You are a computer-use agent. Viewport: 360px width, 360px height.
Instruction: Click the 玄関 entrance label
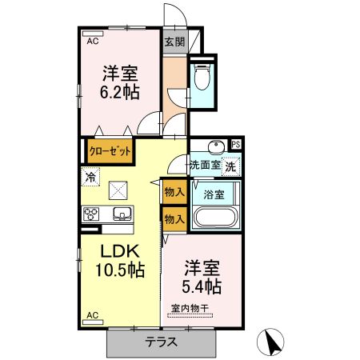tap(174, 43)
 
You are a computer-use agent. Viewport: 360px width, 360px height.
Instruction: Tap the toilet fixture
tap(203, 77)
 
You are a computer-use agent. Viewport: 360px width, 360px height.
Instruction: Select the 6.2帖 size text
tap(120, 91)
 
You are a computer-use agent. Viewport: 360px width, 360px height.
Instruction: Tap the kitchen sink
tap(122, 214)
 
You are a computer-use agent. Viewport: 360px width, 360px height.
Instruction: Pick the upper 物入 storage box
tap(174, 192)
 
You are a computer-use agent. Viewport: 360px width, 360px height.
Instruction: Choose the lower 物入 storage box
tap(174, 218)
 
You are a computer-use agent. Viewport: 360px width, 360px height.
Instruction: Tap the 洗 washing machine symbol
tap(230, 167)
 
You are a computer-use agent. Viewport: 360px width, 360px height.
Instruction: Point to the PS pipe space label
tap(235, 145)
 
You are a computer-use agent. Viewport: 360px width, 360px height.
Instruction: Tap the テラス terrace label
tap(162, 341)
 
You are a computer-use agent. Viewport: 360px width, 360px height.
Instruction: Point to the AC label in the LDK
tap(92, 314)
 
